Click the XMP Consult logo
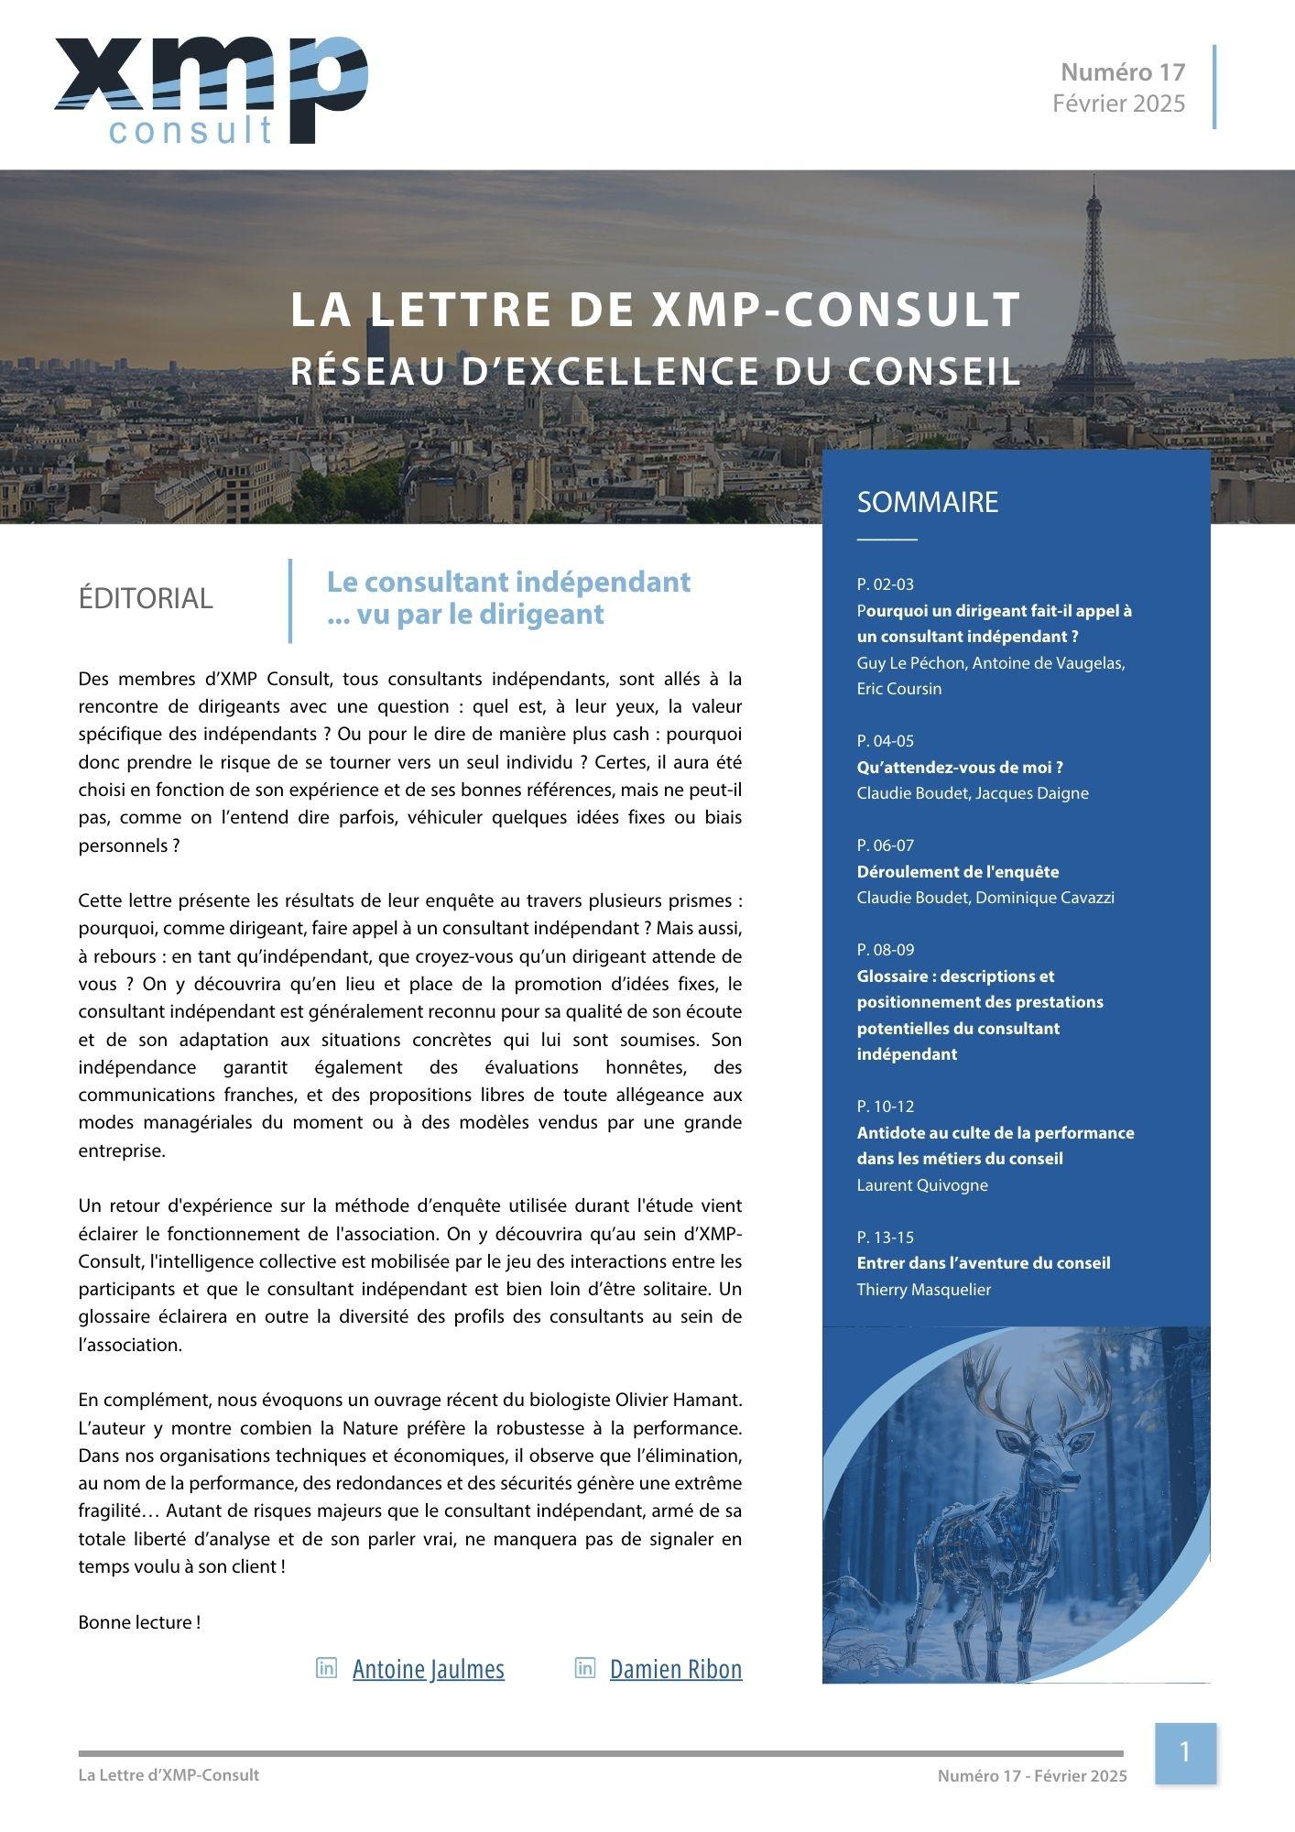pos(211,90)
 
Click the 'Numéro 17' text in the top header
pos(1123,71)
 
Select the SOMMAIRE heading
pos(927,502)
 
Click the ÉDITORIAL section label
pos(146,598)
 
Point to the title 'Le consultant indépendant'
pos(508,582)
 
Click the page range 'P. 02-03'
pos(885,584)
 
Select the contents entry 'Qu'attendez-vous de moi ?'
pos(959,768)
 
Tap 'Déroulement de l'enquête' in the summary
pos(957,872)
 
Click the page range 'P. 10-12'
pos(885,1107)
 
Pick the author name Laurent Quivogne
pos(921,1185)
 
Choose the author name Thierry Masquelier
pos(923,1290)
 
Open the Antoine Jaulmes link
pos(428,1669)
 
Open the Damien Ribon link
pos(675,1669)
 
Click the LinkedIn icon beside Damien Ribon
pos(585,1668)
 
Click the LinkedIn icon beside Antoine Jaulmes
pos(326,1668)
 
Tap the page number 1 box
pos(1184,1753)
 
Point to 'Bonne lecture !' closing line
pos(139,1622)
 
